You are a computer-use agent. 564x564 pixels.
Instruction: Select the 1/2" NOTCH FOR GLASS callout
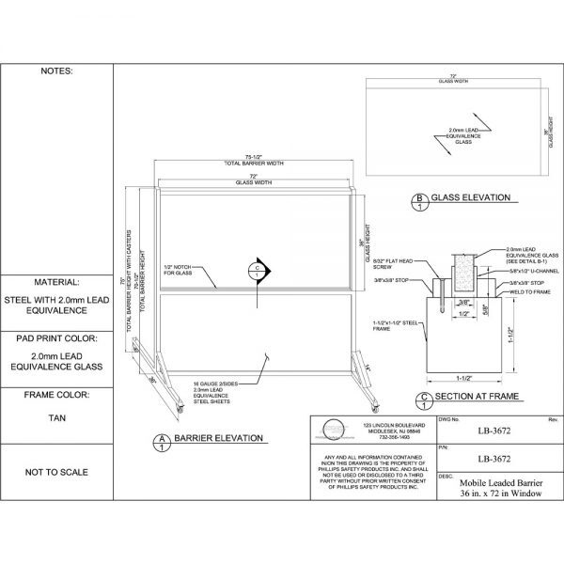coord(180,269)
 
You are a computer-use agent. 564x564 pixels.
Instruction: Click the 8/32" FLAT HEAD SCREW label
coord(399,262)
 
